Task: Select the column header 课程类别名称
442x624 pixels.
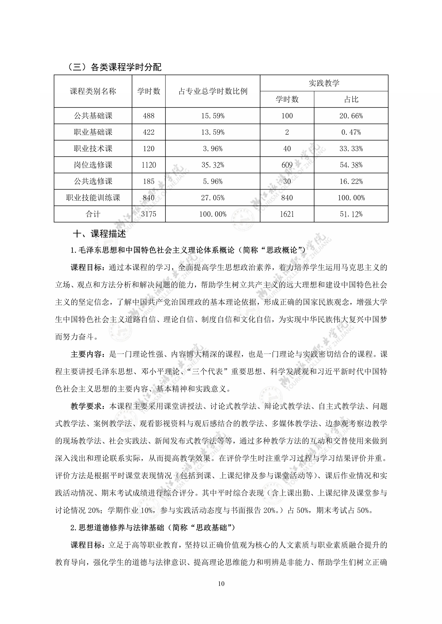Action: [93, 91]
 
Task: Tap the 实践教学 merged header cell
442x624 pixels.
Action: [324, 83]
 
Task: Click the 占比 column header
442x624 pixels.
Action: [351, 99]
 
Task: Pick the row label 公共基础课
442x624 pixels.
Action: [93, 116]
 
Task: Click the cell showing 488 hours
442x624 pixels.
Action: [149, 116]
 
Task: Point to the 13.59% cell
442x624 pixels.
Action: [213, 132]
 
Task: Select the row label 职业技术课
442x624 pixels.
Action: [93, 149]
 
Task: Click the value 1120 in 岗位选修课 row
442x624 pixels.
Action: [149, 165]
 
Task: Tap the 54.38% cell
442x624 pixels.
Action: [351, 165]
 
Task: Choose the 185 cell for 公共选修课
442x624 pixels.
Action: [149, 181]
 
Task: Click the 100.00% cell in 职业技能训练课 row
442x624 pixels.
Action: [351, 198]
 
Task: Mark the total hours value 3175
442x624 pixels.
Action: [149, 214]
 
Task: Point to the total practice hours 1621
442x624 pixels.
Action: [287, 214]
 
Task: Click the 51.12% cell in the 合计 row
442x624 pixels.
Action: [351, 214]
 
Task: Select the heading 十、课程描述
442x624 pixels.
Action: [100, 234]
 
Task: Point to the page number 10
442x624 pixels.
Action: [221, 583]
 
